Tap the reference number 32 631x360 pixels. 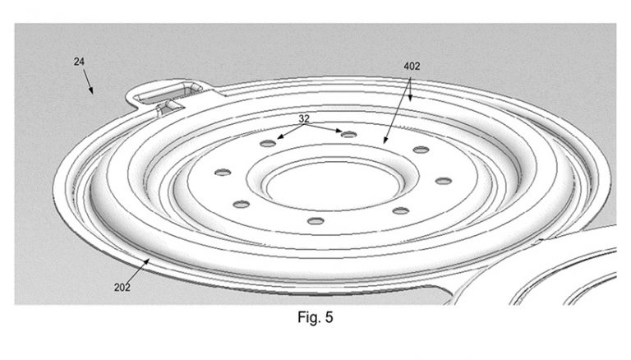tap(304, 118)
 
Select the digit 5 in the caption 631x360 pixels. tap(329, 316)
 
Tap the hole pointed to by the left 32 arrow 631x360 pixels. tap(268, 143)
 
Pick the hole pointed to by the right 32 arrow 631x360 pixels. tap(348, 134)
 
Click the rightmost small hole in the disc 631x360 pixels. tap(444, 181)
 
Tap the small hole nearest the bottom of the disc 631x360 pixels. tap(315, 221)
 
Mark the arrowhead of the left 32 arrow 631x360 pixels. tap(278, 138)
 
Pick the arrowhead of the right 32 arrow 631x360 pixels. tap(342, 132)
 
